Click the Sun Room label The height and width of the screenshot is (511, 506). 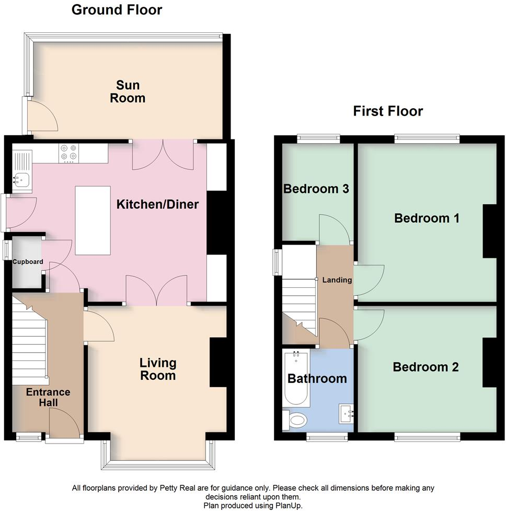tap(127, 91)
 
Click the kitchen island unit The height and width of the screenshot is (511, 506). tap(93, 220)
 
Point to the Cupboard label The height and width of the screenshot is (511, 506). tap(28, 262)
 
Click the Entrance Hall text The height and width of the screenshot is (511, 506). tap(48, 397)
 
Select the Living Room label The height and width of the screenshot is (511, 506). tap(158, 369)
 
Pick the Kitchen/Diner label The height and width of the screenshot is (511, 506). tap(157, 204)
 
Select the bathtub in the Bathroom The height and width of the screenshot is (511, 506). tap(295, 379)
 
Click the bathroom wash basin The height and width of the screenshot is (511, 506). tap(346, 413)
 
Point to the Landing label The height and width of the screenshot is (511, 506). tap(337, 280)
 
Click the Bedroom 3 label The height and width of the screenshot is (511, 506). tap(316, 189)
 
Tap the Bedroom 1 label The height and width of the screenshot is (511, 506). tap(427, 218)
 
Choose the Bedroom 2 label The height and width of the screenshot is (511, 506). tap(425, 367)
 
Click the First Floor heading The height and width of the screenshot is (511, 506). tap(388, 111)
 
